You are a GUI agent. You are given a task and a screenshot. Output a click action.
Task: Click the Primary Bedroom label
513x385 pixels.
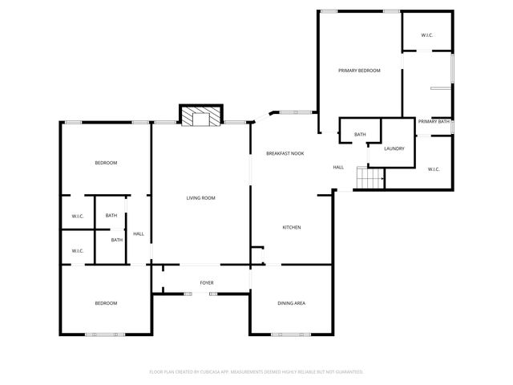point(358,71)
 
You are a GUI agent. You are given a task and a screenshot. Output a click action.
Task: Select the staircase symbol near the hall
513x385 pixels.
point(370,178)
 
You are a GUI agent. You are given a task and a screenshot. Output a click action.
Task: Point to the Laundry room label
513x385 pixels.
point(394,148)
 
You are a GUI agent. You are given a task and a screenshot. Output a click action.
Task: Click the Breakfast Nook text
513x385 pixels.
point(285,152)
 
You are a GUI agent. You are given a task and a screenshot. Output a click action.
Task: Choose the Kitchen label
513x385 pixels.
point(291,228)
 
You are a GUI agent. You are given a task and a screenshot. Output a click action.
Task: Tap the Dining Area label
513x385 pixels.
point(291,303)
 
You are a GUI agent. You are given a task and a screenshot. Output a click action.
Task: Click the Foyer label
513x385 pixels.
point(207,283)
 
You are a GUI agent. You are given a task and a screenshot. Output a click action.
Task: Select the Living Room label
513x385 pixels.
point(200,198)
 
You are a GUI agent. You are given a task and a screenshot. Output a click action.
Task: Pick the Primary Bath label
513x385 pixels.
point(434,121)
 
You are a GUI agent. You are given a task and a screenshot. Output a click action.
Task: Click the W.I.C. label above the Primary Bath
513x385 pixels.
point(427,35)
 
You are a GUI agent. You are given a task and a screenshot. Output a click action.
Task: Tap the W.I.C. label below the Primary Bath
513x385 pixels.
point(433,169)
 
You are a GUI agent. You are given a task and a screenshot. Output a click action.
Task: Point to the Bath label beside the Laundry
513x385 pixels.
point(360,134)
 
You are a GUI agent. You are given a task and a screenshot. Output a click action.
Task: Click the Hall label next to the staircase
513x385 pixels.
point(338,167)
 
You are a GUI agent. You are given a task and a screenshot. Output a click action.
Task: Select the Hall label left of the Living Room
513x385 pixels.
point(139,233)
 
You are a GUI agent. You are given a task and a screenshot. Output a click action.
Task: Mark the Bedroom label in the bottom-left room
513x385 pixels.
point(106,303)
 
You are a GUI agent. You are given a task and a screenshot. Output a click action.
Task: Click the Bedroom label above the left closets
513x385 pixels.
point(106,163)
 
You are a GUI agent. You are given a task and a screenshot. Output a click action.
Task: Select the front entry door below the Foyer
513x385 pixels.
point(201,294)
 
